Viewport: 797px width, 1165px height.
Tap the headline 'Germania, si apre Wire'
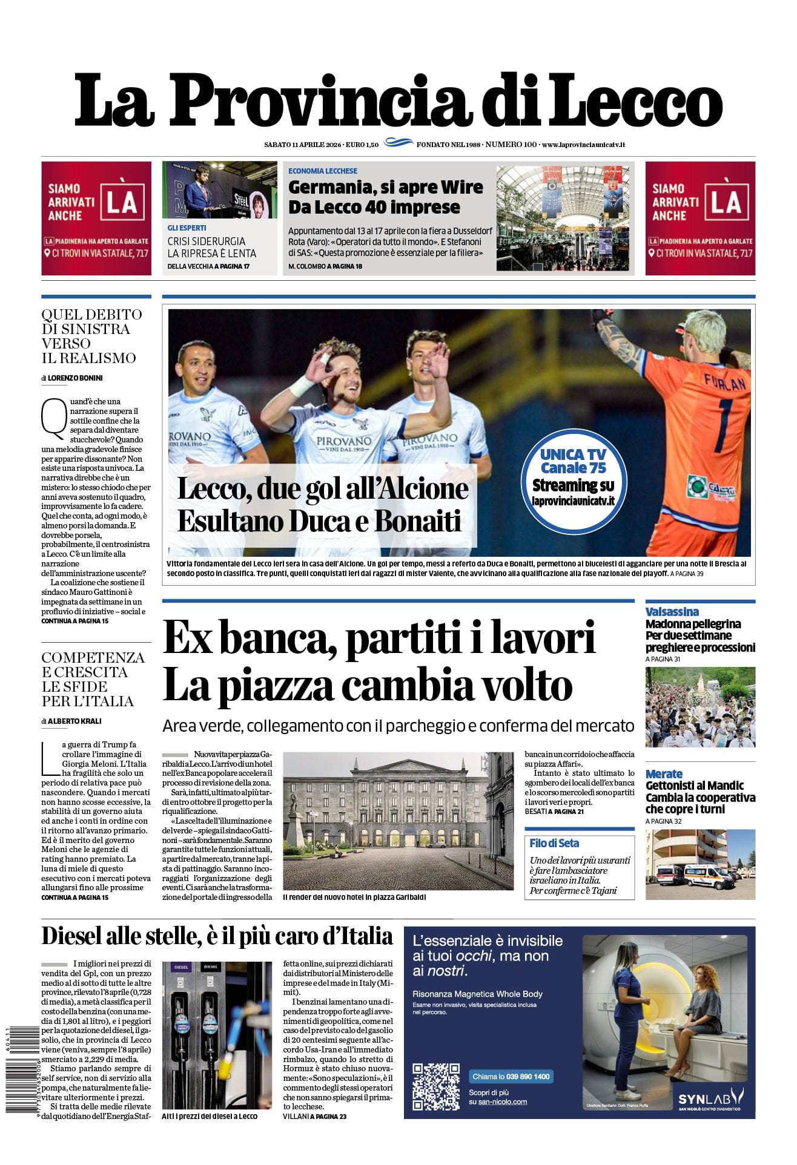(385, 187)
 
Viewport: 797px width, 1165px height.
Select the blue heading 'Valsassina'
(672, 612)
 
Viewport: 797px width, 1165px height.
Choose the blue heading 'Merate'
(664, 774)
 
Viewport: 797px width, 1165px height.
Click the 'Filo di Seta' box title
(554, 844)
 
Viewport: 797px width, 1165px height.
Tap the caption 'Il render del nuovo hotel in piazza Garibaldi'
(354, 897)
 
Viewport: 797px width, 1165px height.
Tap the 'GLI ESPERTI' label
(187, 228)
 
